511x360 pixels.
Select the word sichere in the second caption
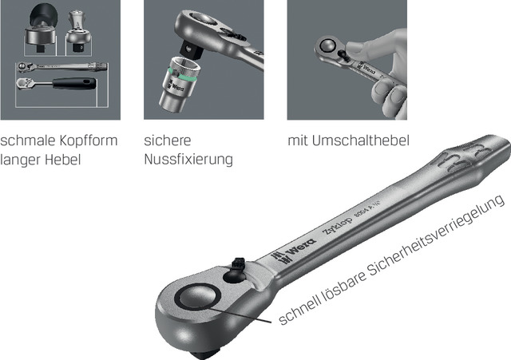click(x=168, y=140)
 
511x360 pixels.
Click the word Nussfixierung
click(x=188, y=160)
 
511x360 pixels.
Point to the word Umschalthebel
click(x=360, y=140)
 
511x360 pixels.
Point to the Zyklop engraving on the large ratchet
click(x=337, y=226)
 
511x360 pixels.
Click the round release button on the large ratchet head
click(x=198, y=296)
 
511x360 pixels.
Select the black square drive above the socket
click(x=191, y=49)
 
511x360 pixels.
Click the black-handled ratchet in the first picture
click(x=57, y=83)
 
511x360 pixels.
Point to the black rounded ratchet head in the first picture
click(x=43, y=16)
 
